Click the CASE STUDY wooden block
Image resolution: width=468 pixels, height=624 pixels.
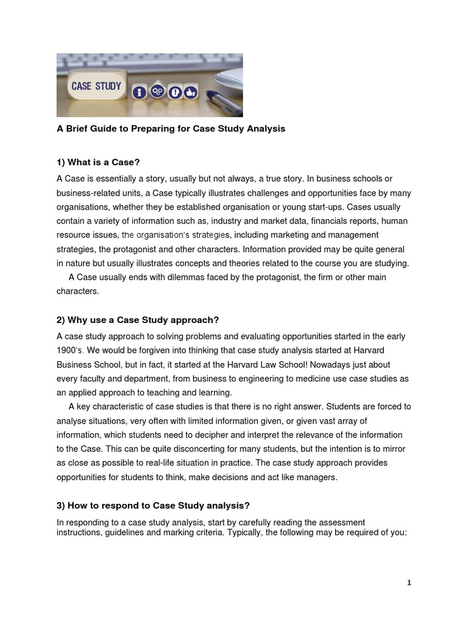(x=96, y=86)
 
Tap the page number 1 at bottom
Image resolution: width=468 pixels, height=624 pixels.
(x=409, y=583)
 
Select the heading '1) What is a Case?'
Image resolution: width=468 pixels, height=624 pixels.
(x=98, y=162)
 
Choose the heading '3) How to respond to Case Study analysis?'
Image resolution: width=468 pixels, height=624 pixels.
(x=153, y=505)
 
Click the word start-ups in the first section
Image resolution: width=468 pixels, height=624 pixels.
(x=321, y=207)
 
